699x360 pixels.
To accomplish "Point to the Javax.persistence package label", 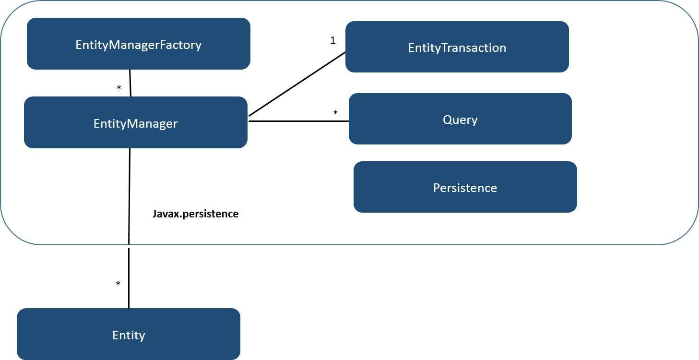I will (x=195, y=214).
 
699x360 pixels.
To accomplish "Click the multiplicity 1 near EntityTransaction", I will (x=333, y=41).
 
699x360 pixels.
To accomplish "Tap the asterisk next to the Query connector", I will (x=335, y=113).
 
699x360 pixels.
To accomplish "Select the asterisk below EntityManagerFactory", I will (x=119, y=88).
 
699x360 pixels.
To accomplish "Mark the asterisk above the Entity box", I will (x=118, y=284).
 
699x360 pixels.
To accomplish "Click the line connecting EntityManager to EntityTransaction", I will (x=297, y=84).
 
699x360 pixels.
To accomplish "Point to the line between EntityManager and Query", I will (x=297, y=121).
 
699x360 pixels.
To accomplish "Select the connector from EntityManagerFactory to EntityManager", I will (x=130, y=83).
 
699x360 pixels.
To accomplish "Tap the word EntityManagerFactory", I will (x=138, y=45).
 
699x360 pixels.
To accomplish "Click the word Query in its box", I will (x=460, y=120).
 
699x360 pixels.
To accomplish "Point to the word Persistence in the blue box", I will (x=464, y=188).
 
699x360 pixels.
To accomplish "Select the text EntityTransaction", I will (x=457, y=48).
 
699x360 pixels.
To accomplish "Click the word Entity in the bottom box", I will (x=129, y=335).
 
